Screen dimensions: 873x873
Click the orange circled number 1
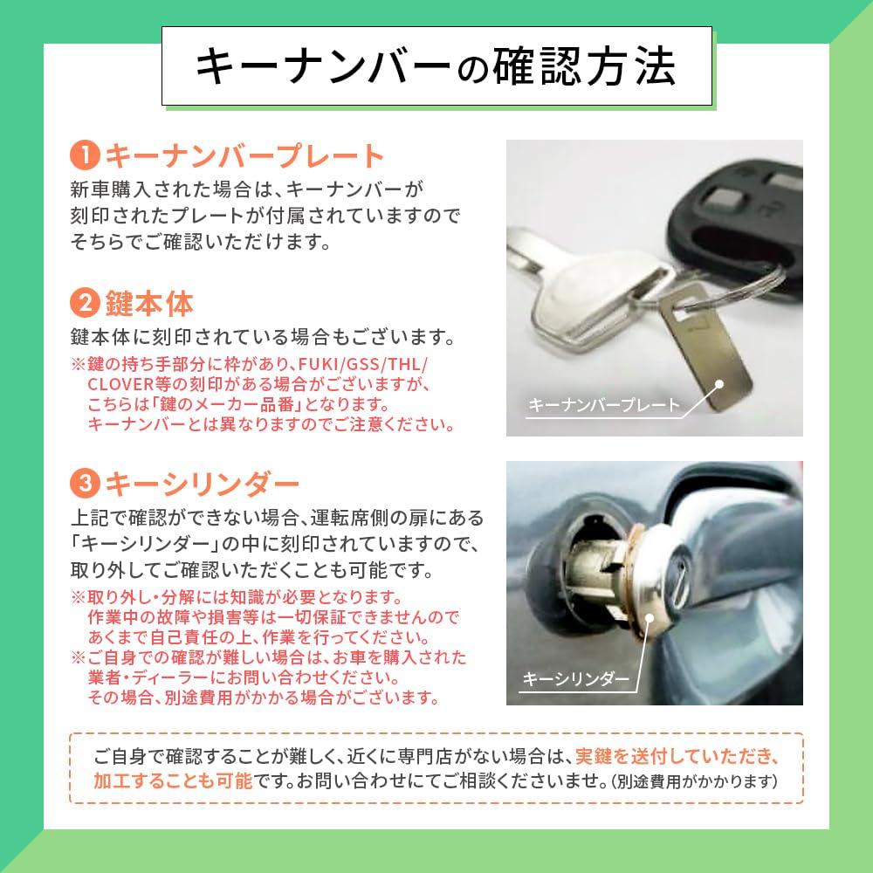[x=85, y=156]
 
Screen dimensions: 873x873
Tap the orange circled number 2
[x=85, y=304]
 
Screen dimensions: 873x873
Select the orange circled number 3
[x=85, y=482]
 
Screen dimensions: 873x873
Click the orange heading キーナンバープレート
[x=244, y=156]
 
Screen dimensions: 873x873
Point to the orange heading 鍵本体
[x=148, y=304]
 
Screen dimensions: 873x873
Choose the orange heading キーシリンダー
[x=202, y=482]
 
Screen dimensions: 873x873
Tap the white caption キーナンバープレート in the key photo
[x=603, y=405]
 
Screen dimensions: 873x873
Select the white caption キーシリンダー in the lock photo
[x=576, y=677]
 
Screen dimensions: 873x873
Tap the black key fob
[x=742, y=210]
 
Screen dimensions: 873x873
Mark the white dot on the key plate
[x=720, y=382]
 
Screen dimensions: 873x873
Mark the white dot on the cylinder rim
[x=650, y=617]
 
